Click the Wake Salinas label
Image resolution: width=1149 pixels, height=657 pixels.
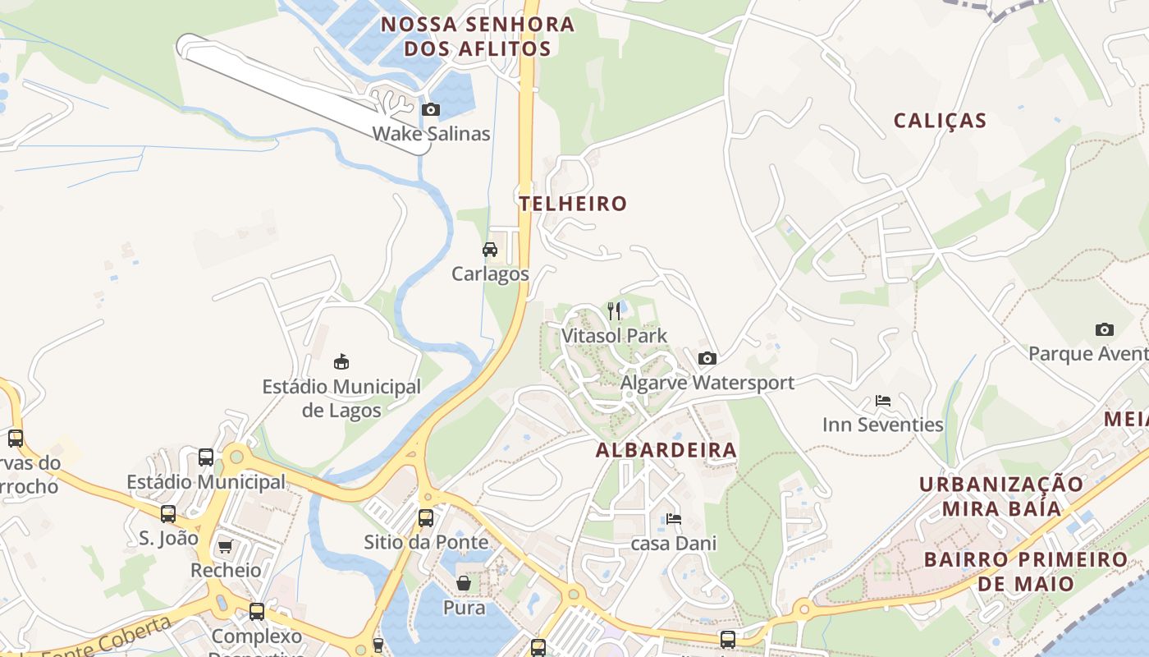[x=431, y=134]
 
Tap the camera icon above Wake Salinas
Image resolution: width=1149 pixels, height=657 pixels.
[x=431, y=109]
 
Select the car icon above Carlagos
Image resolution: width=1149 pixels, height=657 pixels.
[x=490, y=250]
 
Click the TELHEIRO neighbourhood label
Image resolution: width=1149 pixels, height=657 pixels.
[x=573, y=204]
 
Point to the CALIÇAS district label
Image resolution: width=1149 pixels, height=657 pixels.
[x=940, y=121]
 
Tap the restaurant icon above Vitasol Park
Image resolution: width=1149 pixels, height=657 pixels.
[x=614, y=310]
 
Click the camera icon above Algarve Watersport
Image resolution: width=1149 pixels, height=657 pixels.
[x=707, y=358]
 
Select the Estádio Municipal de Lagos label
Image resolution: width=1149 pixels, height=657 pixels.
[x=341, y=398]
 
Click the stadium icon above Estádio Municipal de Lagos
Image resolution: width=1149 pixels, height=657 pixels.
[x=341, y=361]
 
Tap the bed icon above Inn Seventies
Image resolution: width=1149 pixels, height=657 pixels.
[x=883, y=401]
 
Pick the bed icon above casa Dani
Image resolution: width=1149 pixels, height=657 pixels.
[x=674, y=519]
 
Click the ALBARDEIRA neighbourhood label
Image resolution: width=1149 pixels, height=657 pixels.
[x=666, y=450]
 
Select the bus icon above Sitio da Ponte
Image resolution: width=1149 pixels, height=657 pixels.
[x=426, y=518]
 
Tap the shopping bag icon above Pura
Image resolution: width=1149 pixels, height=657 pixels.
[x=464, y=583]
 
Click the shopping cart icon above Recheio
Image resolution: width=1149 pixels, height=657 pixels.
[x=225, y=546]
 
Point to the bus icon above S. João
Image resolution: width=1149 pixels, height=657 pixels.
[x=168, y=514]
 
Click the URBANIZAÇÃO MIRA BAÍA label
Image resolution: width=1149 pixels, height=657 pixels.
[x=1001, y=496]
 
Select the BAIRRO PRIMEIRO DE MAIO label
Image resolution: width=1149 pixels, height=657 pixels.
[x=1025, y=572]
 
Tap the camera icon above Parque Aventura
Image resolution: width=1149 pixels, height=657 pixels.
[x=1105, y=329]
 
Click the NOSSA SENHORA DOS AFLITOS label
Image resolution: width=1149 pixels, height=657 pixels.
[x=478, y=36]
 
